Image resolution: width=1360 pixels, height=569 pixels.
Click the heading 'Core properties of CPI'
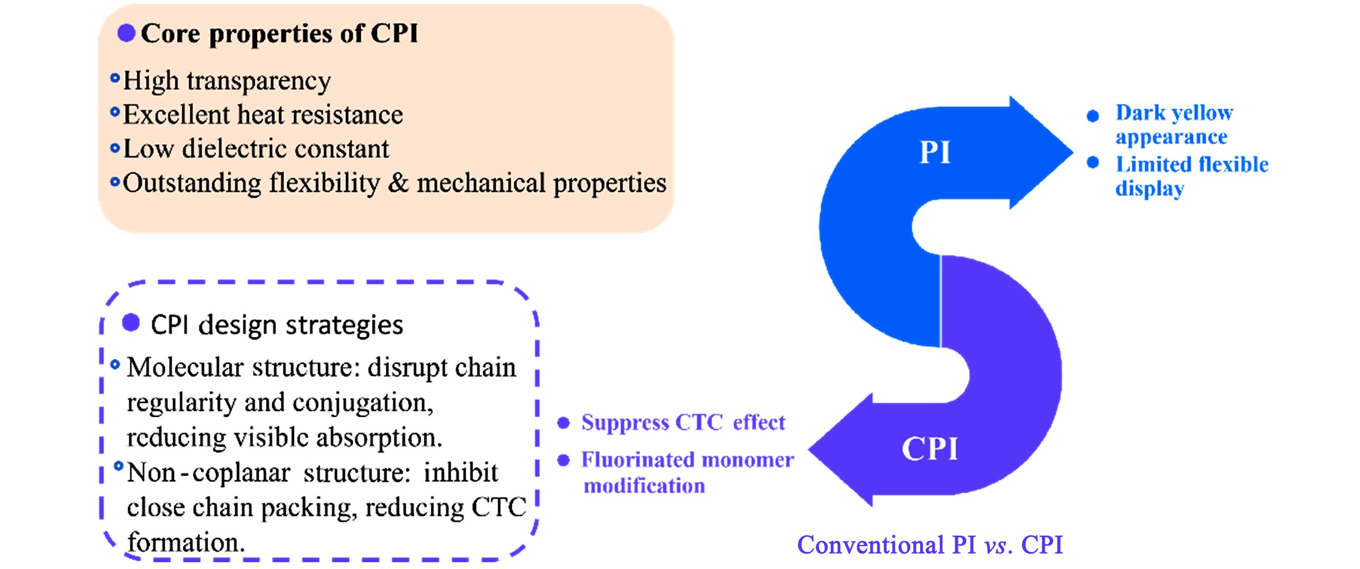tap(279, 34)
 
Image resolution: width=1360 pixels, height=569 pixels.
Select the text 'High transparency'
tap(227, 81)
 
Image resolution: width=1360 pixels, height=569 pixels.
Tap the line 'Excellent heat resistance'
tap(263, 115)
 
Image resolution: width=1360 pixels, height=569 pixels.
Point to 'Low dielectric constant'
tap(256, 149)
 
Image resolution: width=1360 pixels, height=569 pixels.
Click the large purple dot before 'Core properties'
tap(126, 33)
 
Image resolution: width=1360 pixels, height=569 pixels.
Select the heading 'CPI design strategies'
tap(277, 325)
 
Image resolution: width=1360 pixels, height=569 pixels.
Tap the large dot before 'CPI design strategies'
tap(130, 322)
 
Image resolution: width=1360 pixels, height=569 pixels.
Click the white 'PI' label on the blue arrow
tap(935, 152)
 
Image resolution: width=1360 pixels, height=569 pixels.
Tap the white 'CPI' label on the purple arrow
tap(930, 449)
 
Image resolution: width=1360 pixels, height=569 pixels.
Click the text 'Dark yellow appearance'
tap(1174, 125)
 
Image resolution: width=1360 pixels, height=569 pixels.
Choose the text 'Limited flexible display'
tap(1191, 176)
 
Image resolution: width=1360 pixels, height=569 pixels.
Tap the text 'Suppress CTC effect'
tap(683, 423)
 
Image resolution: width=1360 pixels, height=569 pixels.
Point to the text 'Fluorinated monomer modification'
tap(687, 472)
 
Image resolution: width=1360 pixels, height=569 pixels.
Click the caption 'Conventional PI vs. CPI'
tap(930, 545)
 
